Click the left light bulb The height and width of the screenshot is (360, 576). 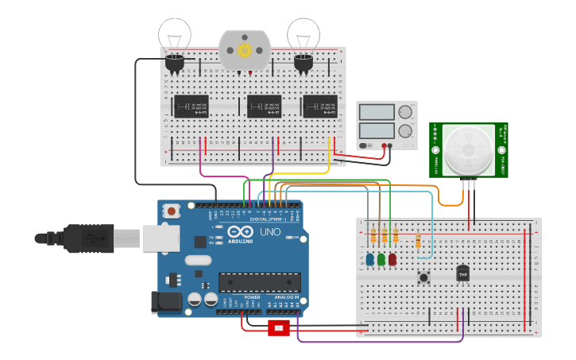pos(174,36)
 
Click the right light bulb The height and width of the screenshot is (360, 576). pos(303,36)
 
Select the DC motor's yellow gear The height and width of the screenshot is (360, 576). pos(244,50)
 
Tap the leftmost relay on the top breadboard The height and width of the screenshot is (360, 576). pos(191,106)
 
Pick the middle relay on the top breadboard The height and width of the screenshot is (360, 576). pos(264,106)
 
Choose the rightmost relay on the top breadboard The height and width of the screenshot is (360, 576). pos(319,106)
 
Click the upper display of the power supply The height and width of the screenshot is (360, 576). pos(376,113)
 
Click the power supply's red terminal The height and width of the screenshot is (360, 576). pos(385,145)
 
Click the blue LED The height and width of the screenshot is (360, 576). pos(370,259)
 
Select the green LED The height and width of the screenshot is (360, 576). pos(381,259)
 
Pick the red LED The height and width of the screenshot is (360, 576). pos(392,259)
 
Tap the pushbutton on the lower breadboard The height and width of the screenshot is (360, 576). pos(423,277)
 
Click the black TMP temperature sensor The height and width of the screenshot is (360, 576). pos(462,273)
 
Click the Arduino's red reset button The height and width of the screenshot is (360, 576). pos(171,211)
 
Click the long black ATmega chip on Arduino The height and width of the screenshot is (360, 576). pos(260,282)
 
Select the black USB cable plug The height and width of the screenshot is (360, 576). pos(87,238)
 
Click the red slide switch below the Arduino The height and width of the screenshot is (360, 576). pos(279,328)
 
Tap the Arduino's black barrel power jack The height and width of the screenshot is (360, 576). pos(167,301)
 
